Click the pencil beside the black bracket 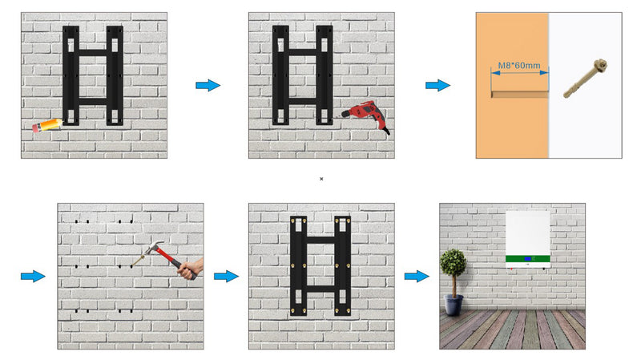47,125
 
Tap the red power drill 366,115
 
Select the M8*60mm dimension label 518,66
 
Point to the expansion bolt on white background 586,79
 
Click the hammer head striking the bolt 155,246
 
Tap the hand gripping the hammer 191,269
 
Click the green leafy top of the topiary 453,262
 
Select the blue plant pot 454,305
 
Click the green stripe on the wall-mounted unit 528,259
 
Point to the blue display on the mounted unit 528,259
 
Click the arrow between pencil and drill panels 208,85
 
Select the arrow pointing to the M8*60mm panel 437,85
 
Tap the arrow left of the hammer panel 33,276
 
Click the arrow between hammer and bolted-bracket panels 226,276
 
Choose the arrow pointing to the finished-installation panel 417,276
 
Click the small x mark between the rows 321,179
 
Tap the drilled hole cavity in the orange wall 519,94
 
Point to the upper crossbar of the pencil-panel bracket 93,53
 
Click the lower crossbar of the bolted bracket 320,289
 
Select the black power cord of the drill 385,131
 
